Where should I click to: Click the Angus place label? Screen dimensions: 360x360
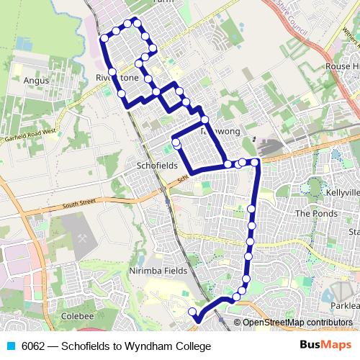click(x=36, y=81)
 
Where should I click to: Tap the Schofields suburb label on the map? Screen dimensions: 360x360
click(x=156, y=165)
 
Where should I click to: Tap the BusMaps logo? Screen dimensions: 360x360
click(x=325, y=346)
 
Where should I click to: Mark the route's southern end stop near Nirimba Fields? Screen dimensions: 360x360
click(x=192, y=311)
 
